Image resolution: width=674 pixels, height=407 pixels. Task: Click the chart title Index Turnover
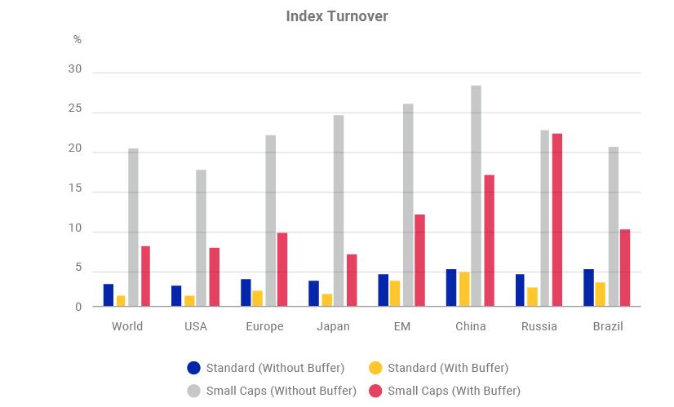click(x=337, y=16)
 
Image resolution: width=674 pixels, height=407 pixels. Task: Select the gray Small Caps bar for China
click(x=477, y=196)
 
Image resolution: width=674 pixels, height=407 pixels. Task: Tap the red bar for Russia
click(x=557, y=220)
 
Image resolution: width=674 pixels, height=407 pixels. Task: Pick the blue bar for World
click(x=109, y=295)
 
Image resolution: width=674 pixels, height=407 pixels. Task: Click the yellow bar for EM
click(x=395, y=294)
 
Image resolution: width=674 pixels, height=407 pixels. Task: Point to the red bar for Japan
click(x=352, y=281)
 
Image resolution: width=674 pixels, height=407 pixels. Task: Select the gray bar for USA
click(x=202, y=238)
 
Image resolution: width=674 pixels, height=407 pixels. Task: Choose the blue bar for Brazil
click(x=588, y=288)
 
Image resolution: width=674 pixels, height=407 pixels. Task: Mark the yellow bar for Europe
click(x=258, y=299)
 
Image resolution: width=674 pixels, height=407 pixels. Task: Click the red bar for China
click(x=489, y=241)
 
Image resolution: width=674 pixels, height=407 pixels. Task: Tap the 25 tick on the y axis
click(x=75, y=108)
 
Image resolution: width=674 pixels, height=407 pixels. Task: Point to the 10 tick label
click(x=75, y=228)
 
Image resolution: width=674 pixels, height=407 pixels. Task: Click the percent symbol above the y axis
click(x=78, y=39)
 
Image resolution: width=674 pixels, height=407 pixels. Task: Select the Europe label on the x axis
click(x=264, y=326)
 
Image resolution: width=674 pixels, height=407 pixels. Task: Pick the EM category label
click(x=402, y=326)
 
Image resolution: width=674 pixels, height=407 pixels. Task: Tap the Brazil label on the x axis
click(x=608, y=326)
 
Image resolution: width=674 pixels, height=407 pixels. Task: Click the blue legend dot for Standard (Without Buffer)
click(x=194, y=368)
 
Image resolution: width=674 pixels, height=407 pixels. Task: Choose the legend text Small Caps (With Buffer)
click(x=454, y=391)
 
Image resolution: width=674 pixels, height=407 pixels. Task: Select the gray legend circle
click(x=194, y=391)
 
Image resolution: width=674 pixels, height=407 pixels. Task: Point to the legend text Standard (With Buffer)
click(x=448, y=368)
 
